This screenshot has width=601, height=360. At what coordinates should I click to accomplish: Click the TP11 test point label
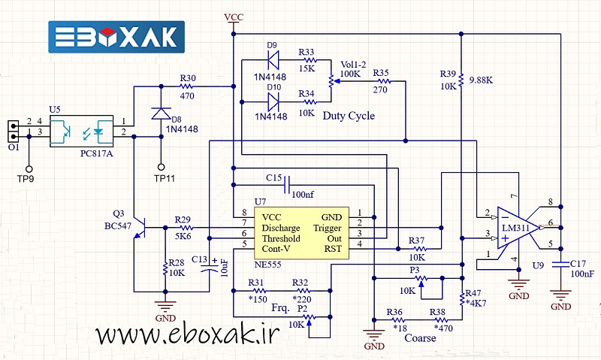(165, 179)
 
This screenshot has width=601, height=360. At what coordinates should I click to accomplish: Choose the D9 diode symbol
(272, 57)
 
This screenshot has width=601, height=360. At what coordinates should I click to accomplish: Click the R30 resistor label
(188, 78)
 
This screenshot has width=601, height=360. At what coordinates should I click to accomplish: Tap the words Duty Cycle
(348, 116)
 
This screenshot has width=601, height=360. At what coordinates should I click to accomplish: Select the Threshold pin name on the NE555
(282, 237)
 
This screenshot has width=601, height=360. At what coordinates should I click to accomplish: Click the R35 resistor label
(381, 73)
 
